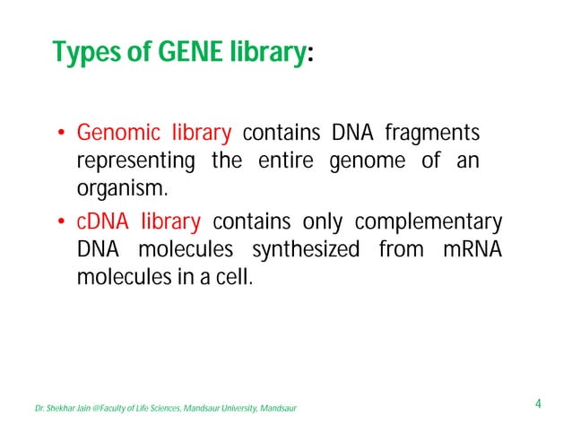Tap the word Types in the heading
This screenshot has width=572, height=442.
click(85, 54)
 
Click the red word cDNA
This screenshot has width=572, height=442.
click(103, 221)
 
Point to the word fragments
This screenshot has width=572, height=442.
click(432, 134)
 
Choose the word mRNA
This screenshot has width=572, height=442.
click(472, 249)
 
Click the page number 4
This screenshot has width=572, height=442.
click(537, 403)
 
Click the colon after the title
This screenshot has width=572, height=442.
click(310, 56)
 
